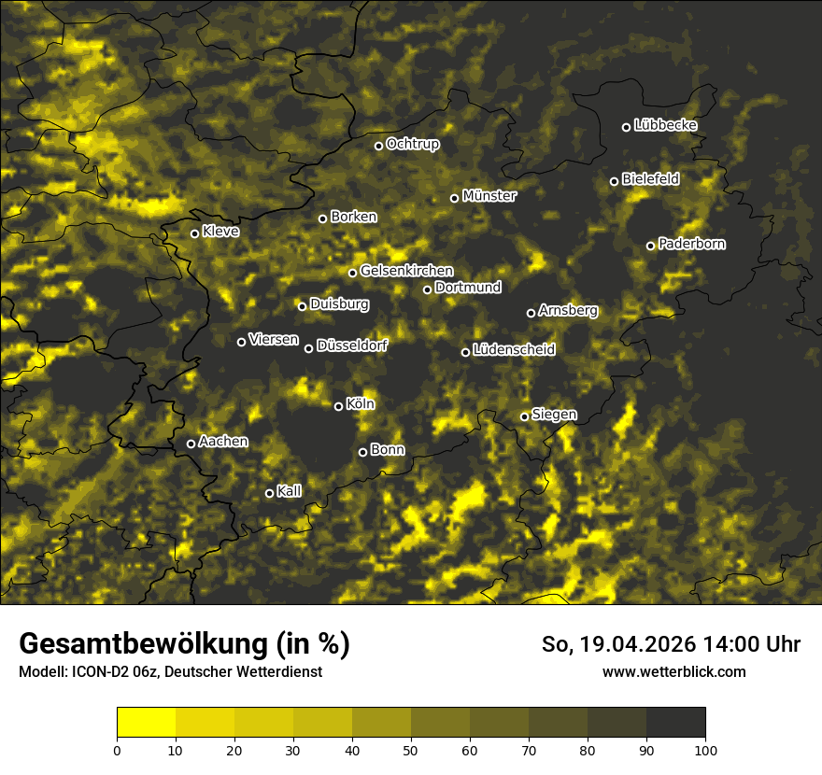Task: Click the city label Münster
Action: click(489, 196)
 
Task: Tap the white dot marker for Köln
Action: click(338, 406)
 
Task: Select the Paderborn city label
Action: click(692, 244)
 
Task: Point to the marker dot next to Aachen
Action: click(191, 444)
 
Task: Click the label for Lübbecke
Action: click(665, 125)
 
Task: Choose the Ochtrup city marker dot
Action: click(378, 146)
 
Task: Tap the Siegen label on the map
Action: click(554, 415)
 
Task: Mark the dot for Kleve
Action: click(194, 233)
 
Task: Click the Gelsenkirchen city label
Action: click(406, 271)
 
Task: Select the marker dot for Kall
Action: click(269, 493)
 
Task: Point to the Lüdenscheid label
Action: click(514, 350)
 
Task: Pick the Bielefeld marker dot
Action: click(614, 181)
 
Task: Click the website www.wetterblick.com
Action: click(673, 671)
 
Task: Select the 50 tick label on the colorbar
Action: click(411, 749)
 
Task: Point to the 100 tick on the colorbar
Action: click(705, 749)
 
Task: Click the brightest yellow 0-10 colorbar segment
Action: click(146, 723)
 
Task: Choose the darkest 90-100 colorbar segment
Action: click(675, 723)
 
